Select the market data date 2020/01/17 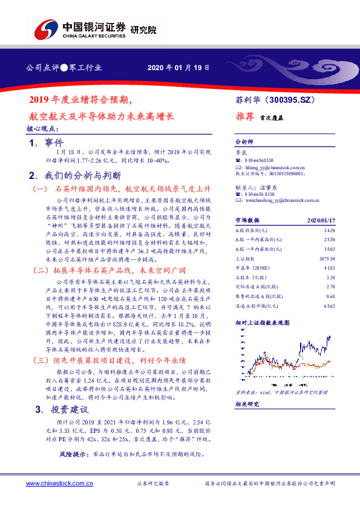coord(320,221)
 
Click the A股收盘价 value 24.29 coord(329,231)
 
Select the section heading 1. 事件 coord(46,143)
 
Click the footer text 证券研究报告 coord(154,484)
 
